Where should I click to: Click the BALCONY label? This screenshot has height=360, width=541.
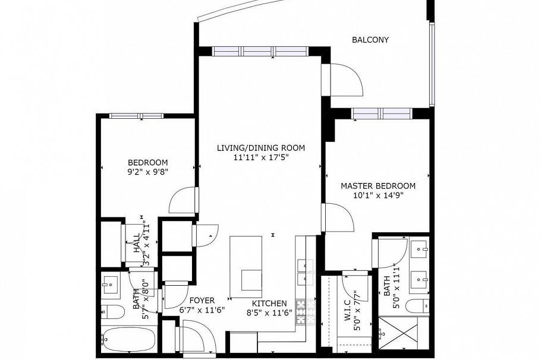point(370,40)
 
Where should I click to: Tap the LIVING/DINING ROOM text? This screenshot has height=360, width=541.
point(260,148)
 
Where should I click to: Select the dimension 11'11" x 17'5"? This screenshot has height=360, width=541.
point(260,158)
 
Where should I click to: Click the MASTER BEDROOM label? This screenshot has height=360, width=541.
point(378,186)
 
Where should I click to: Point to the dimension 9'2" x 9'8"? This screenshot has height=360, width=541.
point(148,172)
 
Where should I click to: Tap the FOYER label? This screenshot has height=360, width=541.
point(202,301)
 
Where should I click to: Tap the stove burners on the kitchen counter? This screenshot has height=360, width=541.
point(301,312)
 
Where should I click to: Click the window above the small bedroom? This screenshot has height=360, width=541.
point(136,115)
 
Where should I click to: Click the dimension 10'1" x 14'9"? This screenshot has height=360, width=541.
point(378,196)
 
